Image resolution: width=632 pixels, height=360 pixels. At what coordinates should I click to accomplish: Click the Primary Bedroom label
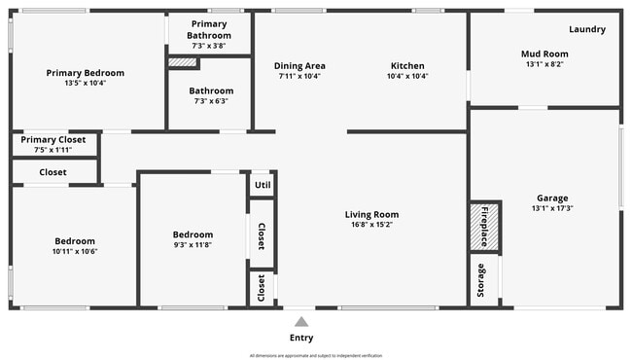86,73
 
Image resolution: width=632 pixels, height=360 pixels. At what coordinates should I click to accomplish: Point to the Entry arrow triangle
301,321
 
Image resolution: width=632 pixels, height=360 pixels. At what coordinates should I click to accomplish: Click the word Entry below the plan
301,338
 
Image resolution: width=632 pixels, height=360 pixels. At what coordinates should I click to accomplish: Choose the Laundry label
587,29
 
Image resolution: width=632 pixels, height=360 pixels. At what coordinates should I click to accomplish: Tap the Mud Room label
544,54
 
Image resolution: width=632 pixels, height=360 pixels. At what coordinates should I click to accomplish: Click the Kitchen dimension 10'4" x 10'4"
406,76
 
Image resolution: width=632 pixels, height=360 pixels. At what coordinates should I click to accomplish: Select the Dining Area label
306,65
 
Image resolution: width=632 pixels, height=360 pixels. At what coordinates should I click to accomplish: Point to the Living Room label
371,215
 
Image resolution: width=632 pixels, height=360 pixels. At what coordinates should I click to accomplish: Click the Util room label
262,184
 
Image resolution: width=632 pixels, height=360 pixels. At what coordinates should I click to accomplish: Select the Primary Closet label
53,139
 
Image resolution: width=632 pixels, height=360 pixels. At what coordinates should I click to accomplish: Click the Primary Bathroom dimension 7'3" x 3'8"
209,46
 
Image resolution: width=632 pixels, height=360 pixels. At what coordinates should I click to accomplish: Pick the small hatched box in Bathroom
183,63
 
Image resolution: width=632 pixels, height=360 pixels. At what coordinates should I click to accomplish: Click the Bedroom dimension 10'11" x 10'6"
74,251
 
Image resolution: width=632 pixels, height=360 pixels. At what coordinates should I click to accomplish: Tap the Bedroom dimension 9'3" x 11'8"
193,245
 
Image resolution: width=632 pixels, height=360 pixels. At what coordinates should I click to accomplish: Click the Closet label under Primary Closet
53,172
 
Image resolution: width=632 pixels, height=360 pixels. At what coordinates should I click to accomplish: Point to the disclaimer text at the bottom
316,355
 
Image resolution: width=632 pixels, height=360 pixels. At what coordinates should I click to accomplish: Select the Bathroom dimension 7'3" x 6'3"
211,100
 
